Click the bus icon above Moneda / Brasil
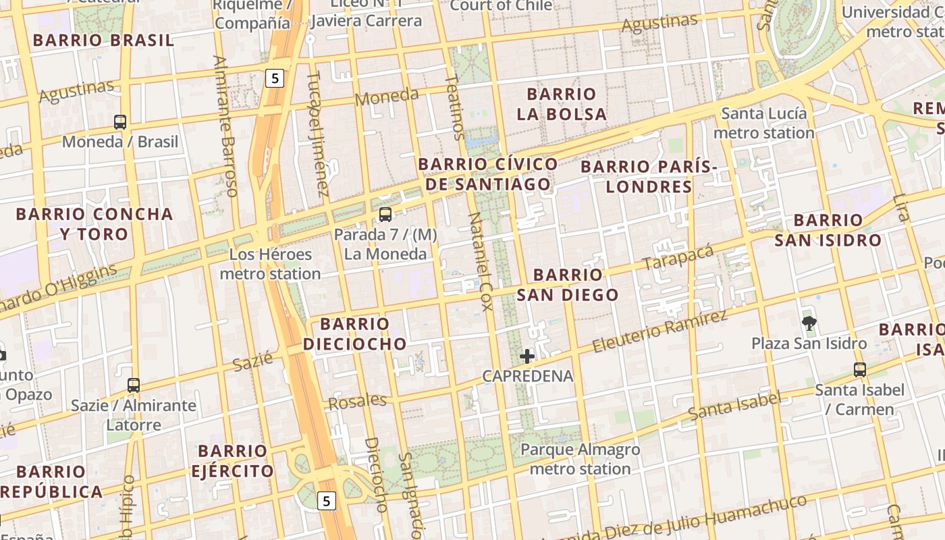[120, 122]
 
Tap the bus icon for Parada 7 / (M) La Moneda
[385, 215]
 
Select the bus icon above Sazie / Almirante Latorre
[134, 385]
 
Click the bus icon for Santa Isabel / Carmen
[859, 370]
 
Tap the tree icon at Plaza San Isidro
[809, 323]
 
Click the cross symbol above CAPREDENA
[527, 356]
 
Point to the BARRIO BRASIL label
[103, 40]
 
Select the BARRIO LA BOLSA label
[562, 104]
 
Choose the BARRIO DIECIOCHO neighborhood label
[355, 333]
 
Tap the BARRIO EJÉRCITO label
[232, 460]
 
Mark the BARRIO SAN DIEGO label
[568, 284]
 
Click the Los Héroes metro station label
[270, 264]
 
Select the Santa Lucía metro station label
[764, 123]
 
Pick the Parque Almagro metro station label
[580, 459]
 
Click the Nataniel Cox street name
[481, 262]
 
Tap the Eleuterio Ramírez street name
[659, 331]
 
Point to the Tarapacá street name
[678, 258]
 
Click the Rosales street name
[357, 402]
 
